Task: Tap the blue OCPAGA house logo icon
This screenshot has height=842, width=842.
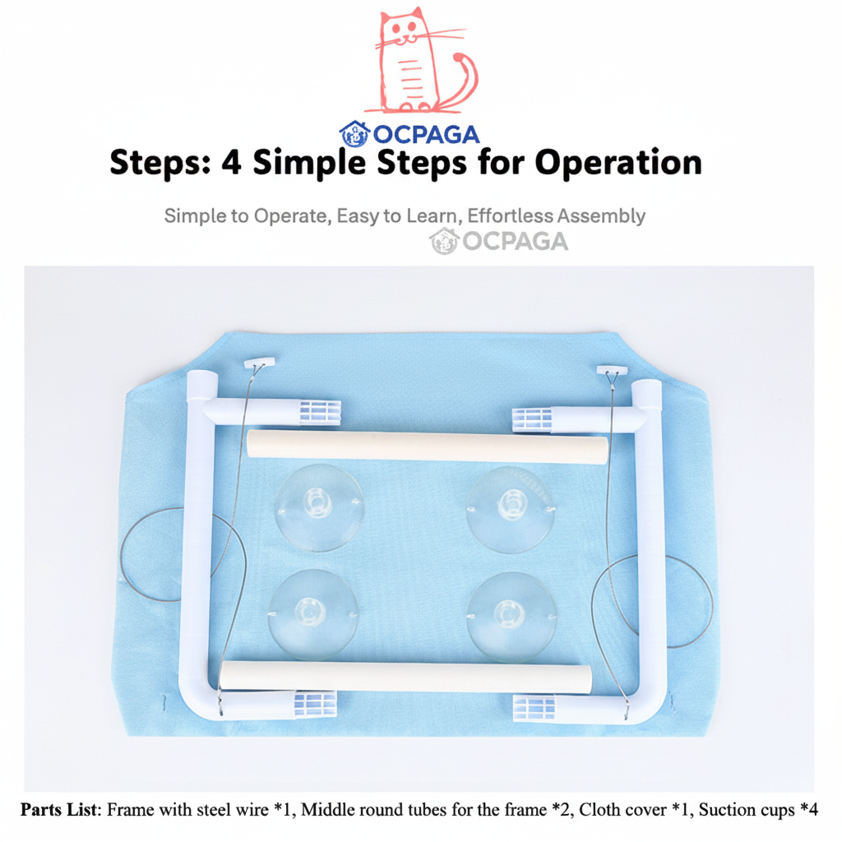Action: pyautogui.click(x=355, y=134)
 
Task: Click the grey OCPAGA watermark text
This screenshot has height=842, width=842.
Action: pyautogui.click(x=515, y=242)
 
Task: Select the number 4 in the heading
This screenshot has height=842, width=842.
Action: pyautogui.click(x=231, y=163)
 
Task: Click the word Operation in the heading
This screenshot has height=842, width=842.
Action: pyautogui.click(x=618, y=162)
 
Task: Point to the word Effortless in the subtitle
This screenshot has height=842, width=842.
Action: pyautogui.click(x=510, y=216)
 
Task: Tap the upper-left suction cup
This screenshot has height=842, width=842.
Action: pyautogui.click(x=320, y=507)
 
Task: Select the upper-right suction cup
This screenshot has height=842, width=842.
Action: pyautogui.click(x=511, y=509)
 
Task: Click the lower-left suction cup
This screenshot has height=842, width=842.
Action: pyautogui.click(x=313, y=614)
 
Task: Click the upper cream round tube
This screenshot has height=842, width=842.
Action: pyautogui.click(x=428, y=447)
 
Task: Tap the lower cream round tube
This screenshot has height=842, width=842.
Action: pyautogui.click(x=405, y=678)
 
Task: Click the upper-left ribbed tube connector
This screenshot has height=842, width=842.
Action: pyautogui.click(x=320, y=413)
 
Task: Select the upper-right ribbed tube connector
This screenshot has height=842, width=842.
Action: pyautogui.click(x=532, y=420)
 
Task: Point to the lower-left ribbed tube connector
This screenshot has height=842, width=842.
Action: pyautogui.click(x=315, y=704)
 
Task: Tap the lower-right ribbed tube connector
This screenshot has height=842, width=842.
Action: pyautogui.click(x=534, y=708)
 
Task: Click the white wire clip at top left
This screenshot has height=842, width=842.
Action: pyautogui.click(x=259, y=363)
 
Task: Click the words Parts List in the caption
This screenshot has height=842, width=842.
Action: pyautogui.click(x=60, y=809)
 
